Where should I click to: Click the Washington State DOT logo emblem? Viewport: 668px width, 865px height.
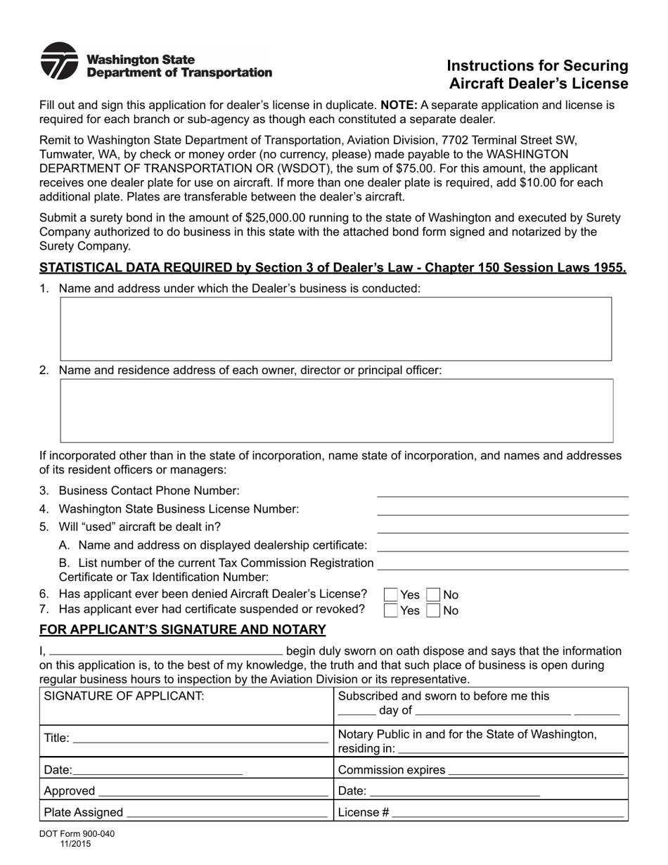(59, 61)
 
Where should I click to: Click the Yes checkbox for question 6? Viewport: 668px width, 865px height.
(391, 595)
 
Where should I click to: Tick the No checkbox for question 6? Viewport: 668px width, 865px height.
(434, 595)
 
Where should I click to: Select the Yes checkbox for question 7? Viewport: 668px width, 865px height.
(391, 610)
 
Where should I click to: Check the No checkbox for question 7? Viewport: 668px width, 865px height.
(434, 610)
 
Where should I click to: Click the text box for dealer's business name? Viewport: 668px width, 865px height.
(335, 328)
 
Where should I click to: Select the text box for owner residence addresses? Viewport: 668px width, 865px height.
(336, 410)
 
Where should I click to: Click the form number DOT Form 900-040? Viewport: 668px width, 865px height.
(77, 834)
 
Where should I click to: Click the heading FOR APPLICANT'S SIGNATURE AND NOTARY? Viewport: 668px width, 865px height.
(182, 629)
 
